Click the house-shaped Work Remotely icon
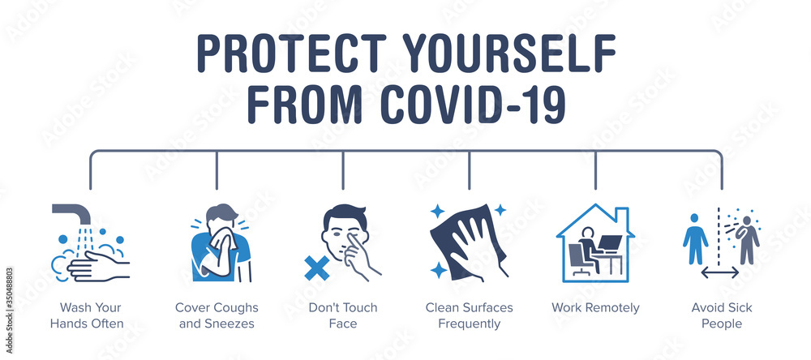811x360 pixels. point(595,243)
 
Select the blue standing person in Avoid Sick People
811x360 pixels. point(694,238)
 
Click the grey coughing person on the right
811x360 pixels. point(747,238)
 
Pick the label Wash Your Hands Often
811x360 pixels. point(90,315)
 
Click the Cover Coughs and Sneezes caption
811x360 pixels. point(217,315)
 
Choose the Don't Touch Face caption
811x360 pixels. point(343,315)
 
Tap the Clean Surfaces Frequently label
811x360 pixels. point(469,315)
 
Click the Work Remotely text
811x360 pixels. point(595,308)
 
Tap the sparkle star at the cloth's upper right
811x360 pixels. point(500,210)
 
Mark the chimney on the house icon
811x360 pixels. point(622,216)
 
